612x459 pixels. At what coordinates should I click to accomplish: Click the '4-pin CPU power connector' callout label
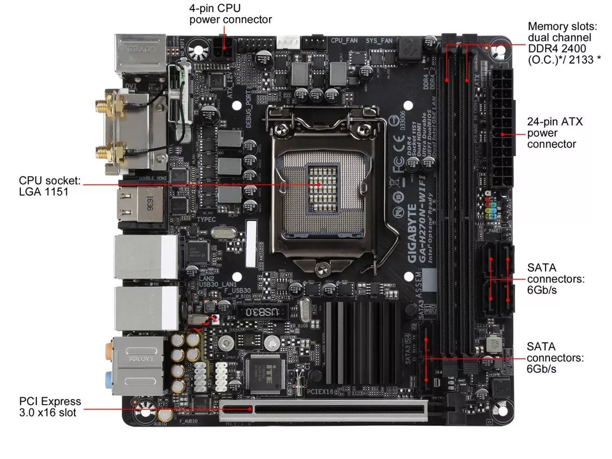coord(230,14)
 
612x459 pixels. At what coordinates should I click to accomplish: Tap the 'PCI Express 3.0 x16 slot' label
coord(50,407)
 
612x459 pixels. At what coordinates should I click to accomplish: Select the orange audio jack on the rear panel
coord(108,349)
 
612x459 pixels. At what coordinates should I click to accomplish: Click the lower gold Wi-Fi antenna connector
coord(103,152)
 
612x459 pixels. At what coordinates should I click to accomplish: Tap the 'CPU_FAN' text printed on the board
coord(344,40)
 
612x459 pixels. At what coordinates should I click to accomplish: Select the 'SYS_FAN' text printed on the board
coord(379,40)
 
